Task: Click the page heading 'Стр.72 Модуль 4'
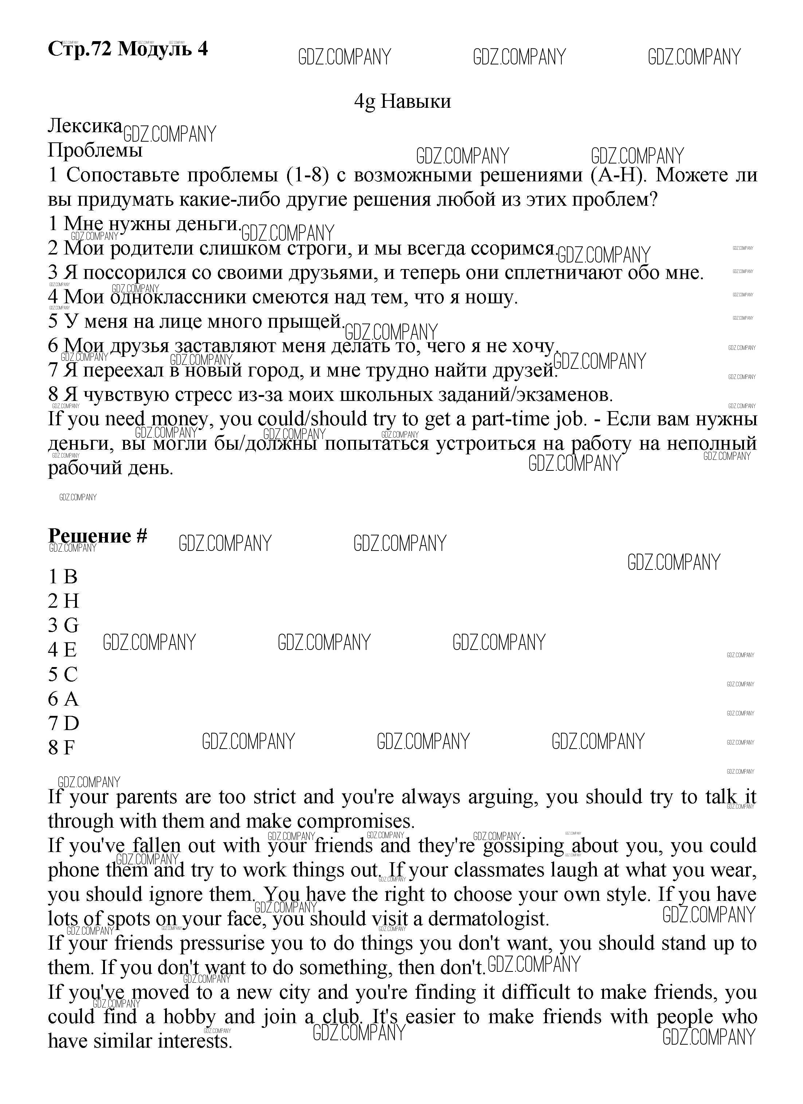(x=128, y=49)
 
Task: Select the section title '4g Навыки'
(x=402, y=101)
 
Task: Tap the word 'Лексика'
(x=85, y=126)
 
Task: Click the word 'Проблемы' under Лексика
(x=95, y=150)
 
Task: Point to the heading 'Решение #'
(x=97, y=536)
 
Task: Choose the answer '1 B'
(x=63, y=577)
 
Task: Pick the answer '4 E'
(x=63, y=650)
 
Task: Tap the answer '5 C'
(x=63, y=675)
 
